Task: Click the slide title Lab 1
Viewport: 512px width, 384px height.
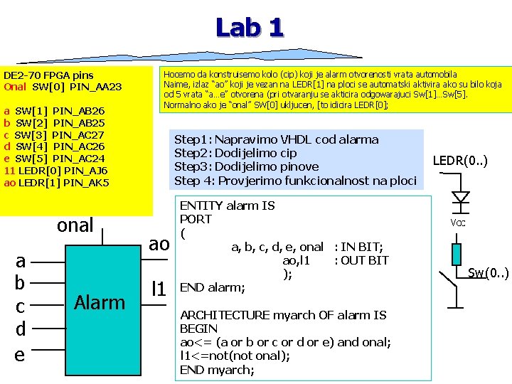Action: (250, 28)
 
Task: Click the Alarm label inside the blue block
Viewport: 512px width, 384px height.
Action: (100, 302)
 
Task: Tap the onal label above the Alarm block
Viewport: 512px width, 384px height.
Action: (75, 225)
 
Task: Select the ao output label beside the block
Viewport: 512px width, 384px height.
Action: (159, 244)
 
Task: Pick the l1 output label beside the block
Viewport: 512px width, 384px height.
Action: (159, 288)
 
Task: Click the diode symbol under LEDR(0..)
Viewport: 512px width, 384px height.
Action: (462, 197)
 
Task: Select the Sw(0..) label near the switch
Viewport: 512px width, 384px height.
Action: (488, 272)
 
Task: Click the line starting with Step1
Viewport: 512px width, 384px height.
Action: (276, 139)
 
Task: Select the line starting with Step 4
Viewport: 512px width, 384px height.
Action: (294, 180)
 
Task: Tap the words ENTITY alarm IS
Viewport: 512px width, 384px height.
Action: (227, 206)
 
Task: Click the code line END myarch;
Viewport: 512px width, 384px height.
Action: (216, 369)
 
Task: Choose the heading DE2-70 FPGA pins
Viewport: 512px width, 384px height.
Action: (48, 75)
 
